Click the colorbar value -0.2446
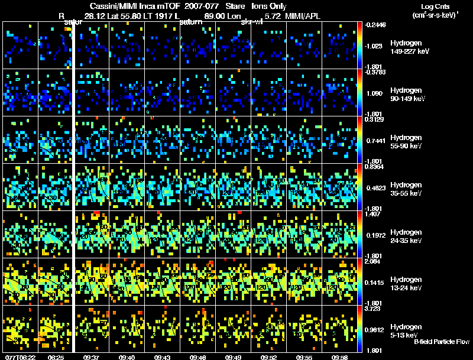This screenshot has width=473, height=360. [375, 25]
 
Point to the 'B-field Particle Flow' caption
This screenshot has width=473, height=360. [442, 342]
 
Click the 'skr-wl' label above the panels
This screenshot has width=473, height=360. [252, 22]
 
